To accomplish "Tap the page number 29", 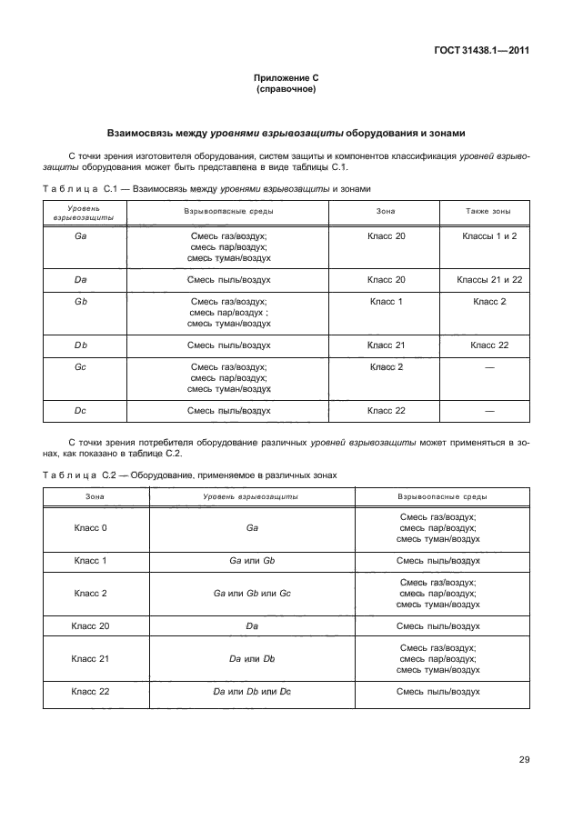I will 524,759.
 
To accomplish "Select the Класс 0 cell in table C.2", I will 90,528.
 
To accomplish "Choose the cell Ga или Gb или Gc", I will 252,593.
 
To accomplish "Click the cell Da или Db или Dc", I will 252,692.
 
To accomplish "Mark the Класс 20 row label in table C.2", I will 90,626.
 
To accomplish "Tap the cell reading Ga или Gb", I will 252,561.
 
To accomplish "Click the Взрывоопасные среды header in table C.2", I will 438,497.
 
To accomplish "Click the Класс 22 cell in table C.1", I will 386,411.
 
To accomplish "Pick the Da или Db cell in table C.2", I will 252,659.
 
